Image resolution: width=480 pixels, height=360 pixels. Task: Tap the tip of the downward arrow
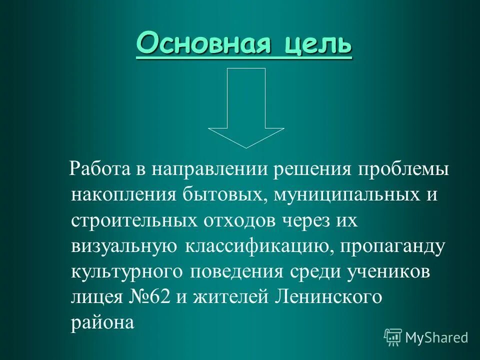246,146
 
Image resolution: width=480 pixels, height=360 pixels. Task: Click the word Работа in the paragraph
100,168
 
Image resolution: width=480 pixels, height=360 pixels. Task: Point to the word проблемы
403,168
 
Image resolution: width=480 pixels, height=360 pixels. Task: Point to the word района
102,323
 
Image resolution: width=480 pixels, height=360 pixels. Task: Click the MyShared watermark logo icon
393,337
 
